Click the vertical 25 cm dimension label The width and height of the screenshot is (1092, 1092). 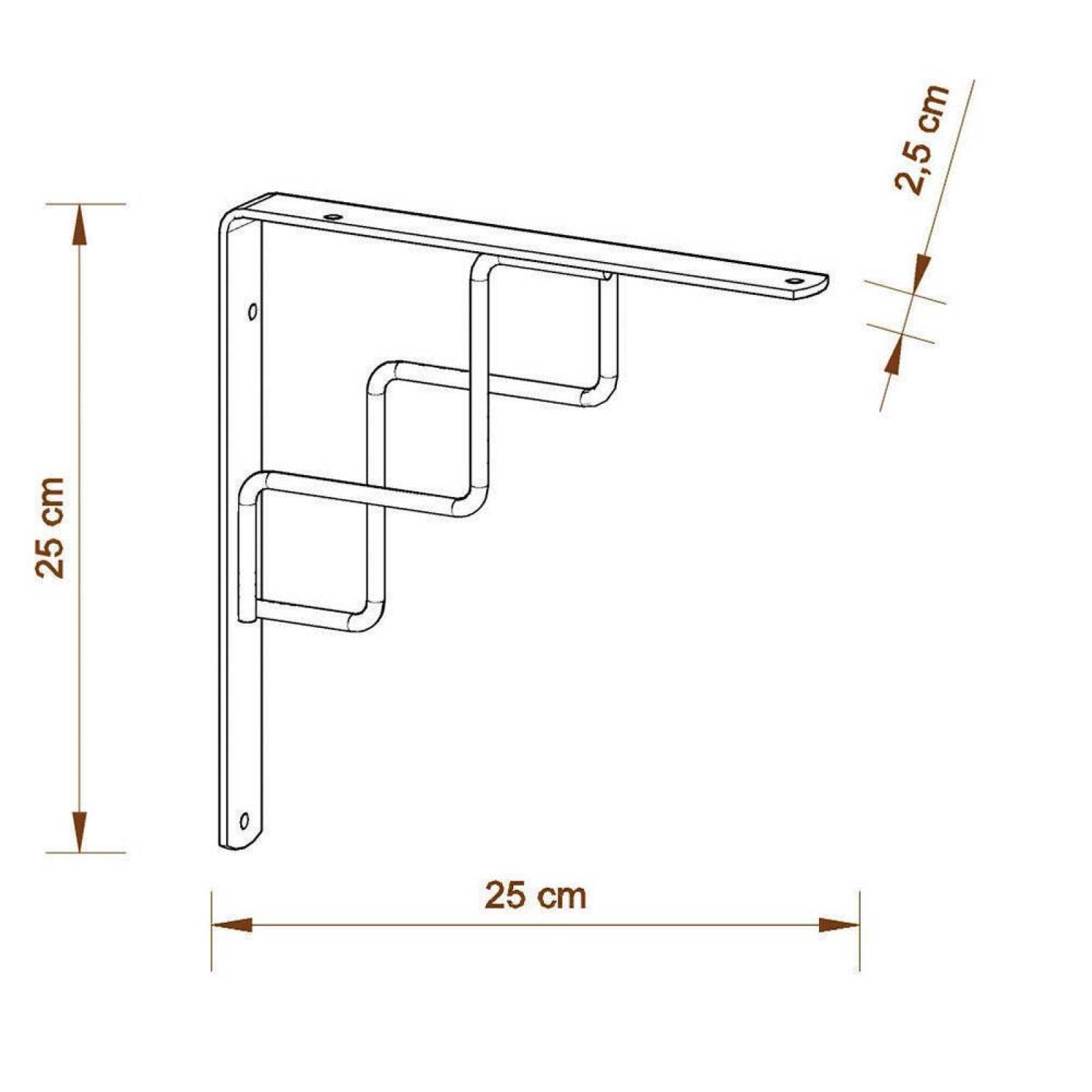pos(52,527)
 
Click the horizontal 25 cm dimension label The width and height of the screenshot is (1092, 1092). pos(535,896)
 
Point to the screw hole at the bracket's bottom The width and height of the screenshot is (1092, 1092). pos(244,819)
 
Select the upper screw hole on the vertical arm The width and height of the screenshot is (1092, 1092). pos(253,313)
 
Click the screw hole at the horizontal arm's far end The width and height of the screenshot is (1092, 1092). pos(793,281)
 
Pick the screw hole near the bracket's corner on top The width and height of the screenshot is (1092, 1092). pos(333,217)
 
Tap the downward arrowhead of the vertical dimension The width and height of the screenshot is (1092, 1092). pos(81,831)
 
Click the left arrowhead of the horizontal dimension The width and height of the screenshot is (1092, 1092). pos(232,925)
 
